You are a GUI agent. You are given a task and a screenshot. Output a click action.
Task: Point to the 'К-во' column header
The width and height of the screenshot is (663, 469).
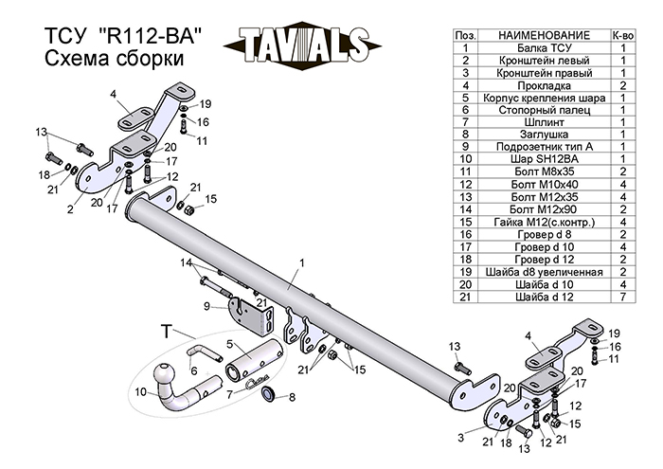624,32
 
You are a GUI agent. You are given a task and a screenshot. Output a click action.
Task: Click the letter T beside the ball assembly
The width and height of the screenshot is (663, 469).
167,331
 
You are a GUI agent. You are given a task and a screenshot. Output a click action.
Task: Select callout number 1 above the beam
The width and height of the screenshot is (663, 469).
301,262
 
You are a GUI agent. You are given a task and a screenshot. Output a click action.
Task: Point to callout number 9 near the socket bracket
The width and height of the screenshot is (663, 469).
206,305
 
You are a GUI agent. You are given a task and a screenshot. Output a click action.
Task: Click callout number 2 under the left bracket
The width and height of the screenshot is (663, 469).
70,210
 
